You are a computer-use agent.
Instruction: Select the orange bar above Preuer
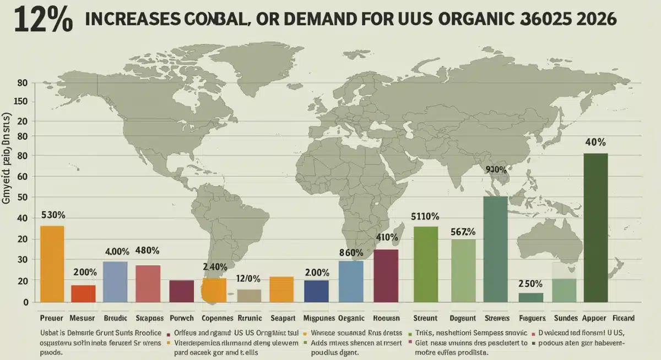52,263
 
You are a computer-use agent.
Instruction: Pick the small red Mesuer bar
83,293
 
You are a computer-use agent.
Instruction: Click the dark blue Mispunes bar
316,291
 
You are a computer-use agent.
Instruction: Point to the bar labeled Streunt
425,264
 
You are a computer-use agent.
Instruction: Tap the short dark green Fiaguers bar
530,297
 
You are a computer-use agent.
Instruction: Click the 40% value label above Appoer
596,142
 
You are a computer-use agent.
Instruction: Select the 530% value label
53,215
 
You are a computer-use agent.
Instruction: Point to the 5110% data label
425,216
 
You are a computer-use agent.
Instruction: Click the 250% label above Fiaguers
530,284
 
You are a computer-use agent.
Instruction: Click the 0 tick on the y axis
25,302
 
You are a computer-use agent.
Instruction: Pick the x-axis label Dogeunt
464,318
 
